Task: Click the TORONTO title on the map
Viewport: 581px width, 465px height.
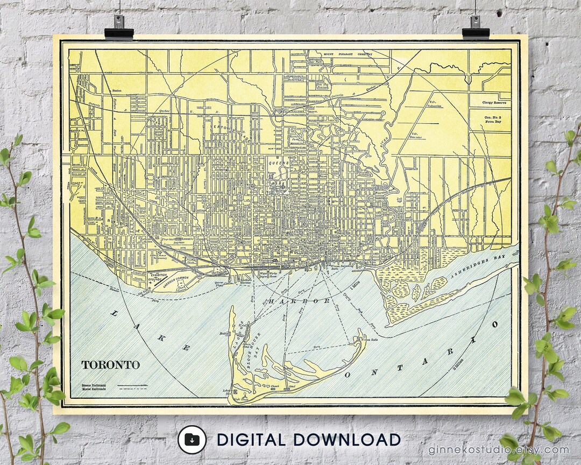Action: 110,364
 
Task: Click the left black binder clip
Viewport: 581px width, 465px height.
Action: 119,27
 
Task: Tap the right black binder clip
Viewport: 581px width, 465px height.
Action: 476,27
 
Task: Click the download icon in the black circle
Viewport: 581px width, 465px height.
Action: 192,440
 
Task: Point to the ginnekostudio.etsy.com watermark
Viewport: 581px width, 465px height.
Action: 498,450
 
